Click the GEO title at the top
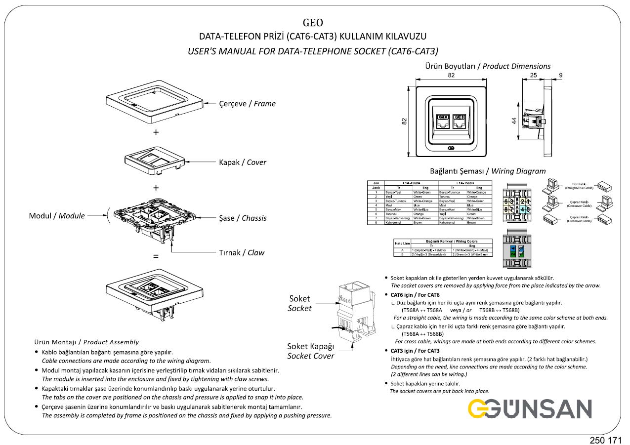click(313, 22)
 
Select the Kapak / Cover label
click(242, 162)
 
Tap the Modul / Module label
click(57, 216)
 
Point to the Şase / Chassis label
click(243, 218)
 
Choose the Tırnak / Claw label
click(242, 252)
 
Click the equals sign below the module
click(156, 257)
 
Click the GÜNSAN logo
click(529, 408)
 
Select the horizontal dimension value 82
click(451, 75)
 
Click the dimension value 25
click(533, 75)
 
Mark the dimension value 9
click(560, 75)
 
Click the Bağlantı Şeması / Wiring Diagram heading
click(488, 171)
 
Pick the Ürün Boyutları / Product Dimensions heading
click(488, 66)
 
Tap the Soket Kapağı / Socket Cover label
click(310, 351)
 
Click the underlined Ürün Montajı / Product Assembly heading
click(86, 342)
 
